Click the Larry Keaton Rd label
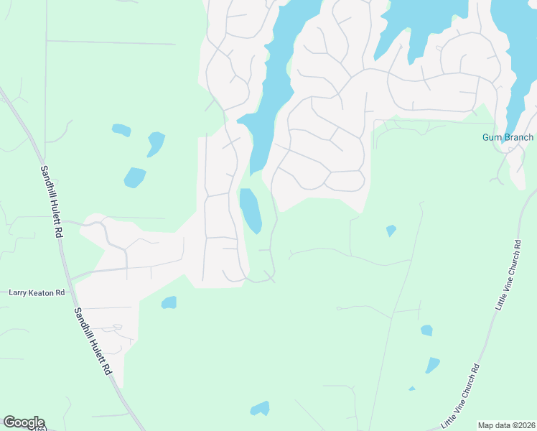tap(37, 293)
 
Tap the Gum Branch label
tap(508, 137)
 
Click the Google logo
tap(24, 422)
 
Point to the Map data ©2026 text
tap(506, 425)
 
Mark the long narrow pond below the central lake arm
tap(251, 210)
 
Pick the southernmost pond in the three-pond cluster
tap(134, 177)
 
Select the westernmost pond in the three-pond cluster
tap(121, 130)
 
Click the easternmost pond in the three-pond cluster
tap(155, 142)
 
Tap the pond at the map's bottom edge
tap(260, 409)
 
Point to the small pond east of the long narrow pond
tap(391, 231)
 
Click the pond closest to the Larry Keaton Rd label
tap(169, 302)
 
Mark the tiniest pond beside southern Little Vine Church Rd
tap(412, 389)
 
